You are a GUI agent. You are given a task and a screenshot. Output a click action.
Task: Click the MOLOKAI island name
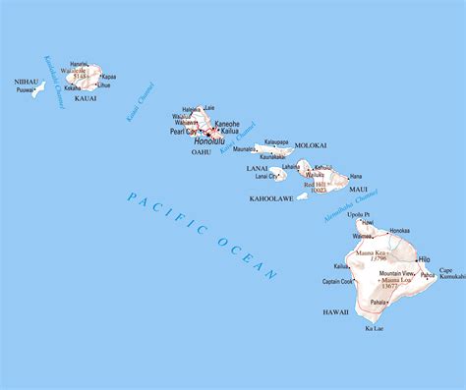[x=307, y=144]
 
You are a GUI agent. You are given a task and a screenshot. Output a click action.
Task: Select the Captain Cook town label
[x=337, y=282]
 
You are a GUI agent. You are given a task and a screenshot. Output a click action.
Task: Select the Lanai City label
[x=266, y=177]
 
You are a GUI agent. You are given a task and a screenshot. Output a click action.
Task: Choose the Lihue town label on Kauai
[x=104, y=85]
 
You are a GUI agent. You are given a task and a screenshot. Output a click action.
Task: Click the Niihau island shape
[x=37, y=89]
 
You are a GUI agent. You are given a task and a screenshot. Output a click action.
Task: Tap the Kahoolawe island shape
[x=302, y=195]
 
